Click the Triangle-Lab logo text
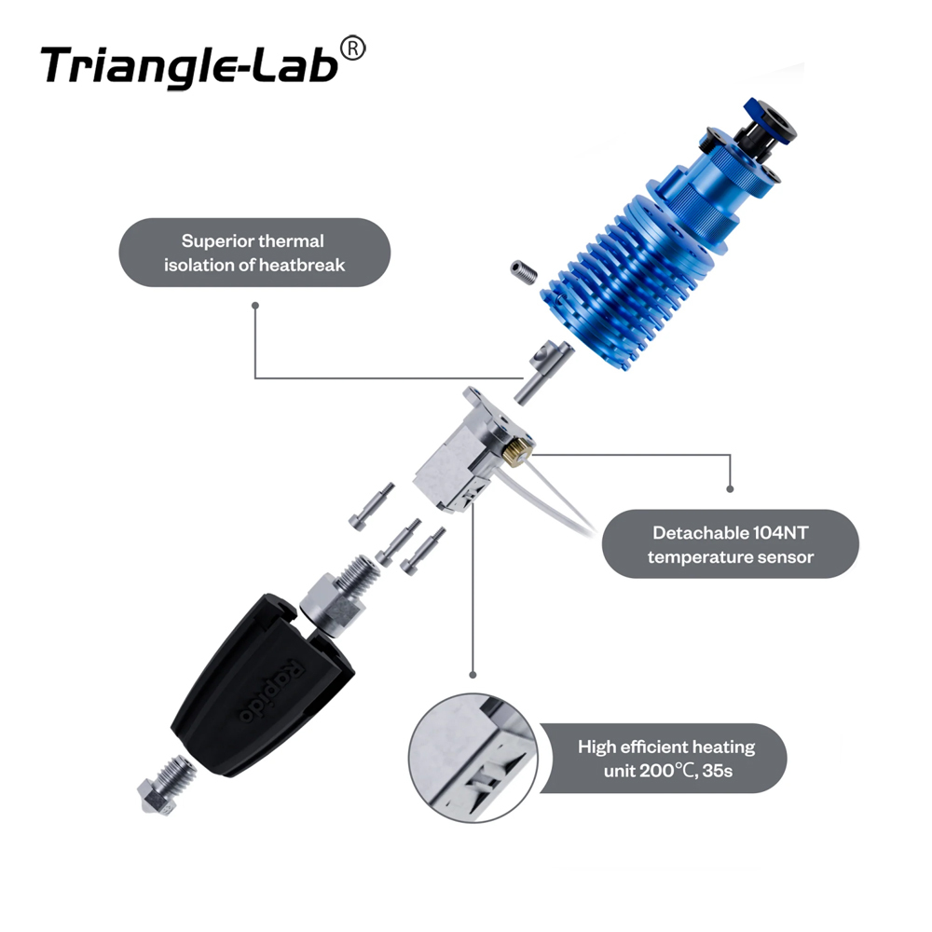click(x=190, y=65)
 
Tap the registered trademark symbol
click(x=353, y=48)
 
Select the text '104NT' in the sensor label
click(x=780, y=532)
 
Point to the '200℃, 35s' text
click(x=687, y=771)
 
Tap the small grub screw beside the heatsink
click(x=524, y=271)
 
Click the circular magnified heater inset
click(x=473, y=759)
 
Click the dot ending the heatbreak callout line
click(x=255, y=306)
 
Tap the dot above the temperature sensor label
click(x=730, y=489)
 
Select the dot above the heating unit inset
click(x=473, y=675)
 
